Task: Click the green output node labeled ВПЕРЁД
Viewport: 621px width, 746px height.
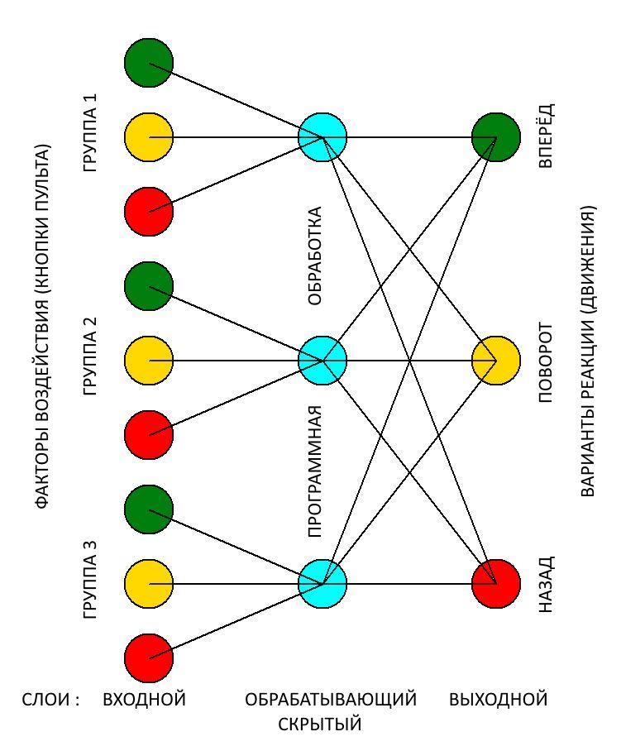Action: click(x=496, y=137)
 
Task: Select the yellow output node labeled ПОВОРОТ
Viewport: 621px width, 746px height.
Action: click(x=496, y=361)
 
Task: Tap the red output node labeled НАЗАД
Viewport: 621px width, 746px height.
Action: click(x=496, y=584)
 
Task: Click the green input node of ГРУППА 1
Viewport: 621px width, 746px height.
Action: click(x=149, y=62)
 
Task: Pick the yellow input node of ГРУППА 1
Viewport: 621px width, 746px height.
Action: click(x=149, y=137)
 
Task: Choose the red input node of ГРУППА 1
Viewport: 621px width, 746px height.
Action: click(x=149, y=212)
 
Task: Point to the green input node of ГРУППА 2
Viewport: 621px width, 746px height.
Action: click(x=149, y=286)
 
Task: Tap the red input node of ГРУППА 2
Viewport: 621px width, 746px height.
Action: click(x=149, y=435)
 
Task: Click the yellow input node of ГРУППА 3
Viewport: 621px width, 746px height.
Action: click(x=149, y=584)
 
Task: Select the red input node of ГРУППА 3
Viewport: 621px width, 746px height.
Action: click(x=149, y=658)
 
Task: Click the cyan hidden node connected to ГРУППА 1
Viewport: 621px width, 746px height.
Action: click(x=322, y=137)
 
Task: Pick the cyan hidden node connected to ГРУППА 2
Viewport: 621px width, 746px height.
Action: click(x=322, y=361)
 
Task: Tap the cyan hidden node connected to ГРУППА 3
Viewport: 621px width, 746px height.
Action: click(x=322, y=584)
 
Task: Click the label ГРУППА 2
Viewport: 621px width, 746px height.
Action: click(x=91, y=356)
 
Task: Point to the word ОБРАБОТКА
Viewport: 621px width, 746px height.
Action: click(x=315, y=256)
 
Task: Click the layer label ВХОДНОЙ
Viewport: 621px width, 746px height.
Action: click(x=144, y=700)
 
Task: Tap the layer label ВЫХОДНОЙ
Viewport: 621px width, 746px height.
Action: click(x=499, y=700)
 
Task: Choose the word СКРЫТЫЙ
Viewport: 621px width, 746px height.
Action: click(x=320, y=725)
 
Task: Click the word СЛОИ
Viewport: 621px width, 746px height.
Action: click(x=50, y=700)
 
